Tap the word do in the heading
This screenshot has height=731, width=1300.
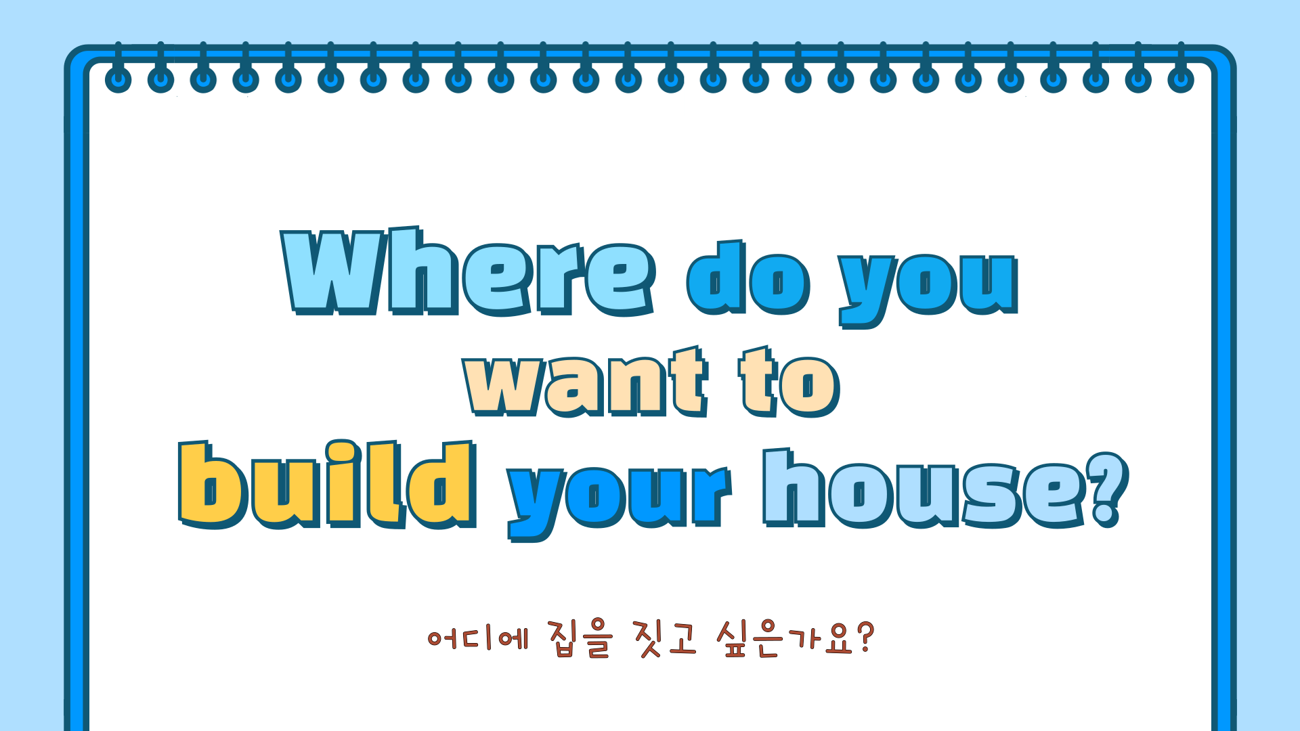point(749,278)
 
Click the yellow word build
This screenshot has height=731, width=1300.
point(328,484)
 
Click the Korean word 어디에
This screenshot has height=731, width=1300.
point(478,638)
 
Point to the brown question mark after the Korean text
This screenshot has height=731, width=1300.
point(865,638)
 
